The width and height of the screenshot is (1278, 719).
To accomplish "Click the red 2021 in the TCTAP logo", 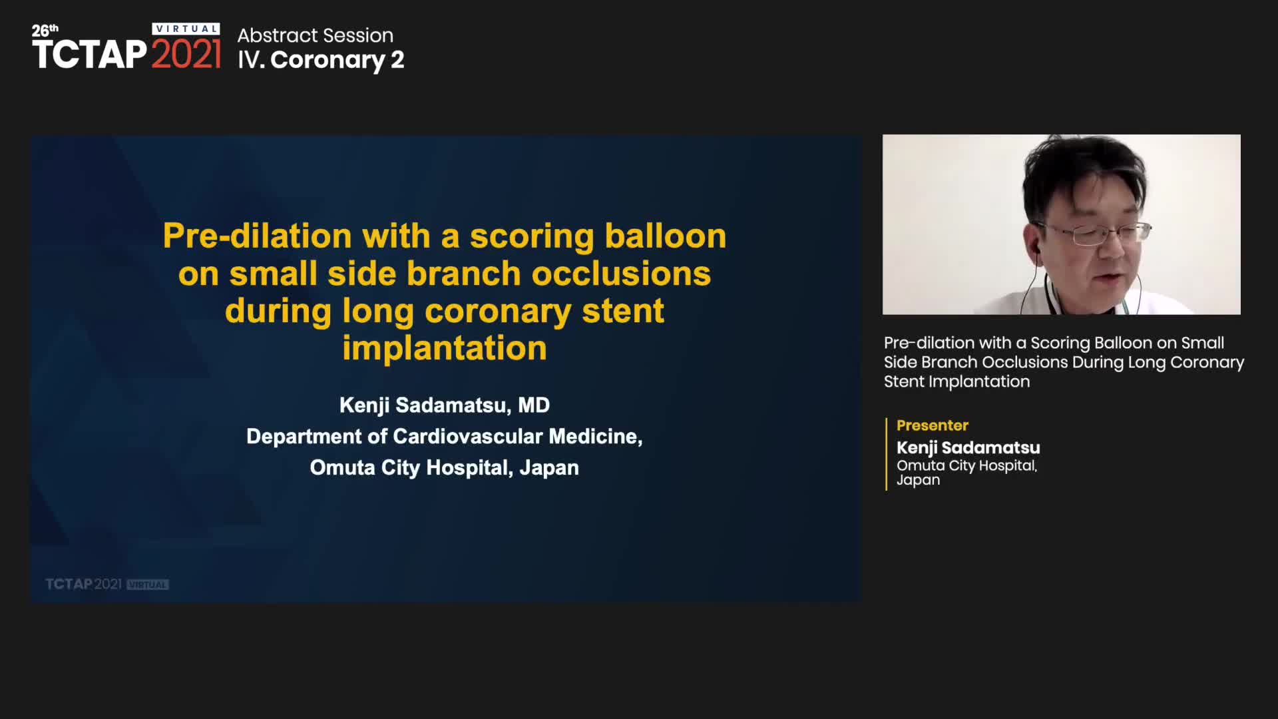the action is [186, 54].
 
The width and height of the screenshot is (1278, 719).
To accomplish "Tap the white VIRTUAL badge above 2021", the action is [186, 29].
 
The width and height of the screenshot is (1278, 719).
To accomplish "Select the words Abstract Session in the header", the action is [316, 35].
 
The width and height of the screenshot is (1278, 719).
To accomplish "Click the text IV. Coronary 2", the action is [321, 60].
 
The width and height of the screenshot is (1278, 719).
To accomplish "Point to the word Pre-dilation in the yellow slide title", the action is [258, 236].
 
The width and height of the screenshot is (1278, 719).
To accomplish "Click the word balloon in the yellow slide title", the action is [666, 236].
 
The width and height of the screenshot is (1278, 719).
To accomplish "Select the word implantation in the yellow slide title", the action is [445, 348].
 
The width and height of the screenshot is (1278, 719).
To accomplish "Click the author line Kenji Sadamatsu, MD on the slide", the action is [445, 405].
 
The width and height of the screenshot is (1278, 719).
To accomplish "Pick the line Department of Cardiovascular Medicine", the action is [445, 436].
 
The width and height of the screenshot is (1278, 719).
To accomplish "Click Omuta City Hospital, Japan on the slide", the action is [445, 467].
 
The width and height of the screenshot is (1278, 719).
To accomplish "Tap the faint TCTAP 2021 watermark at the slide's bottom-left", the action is [107, 584].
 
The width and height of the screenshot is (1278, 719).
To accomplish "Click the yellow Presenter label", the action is [932, 425].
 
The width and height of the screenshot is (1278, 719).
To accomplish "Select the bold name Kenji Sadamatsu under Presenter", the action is [968, 447].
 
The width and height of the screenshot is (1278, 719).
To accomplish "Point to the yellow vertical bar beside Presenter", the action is [887, 454].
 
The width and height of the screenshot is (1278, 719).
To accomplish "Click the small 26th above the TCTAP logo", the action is [45, 31].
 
